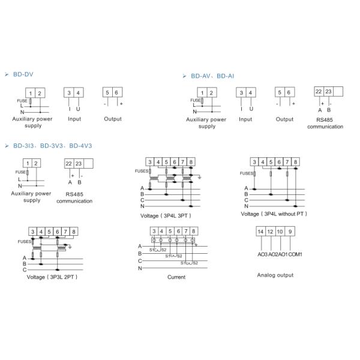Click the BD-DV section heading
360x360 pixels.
click(23, 74)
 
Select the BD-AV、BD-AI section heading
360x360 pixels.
click(212, 76)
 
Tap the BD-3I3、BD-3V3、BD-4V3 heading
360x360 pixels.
click(53, 146)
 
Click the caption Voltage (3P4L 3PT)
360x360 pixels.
click(166, 216)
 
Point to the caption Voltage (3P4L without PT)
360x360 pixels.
click(274, 214)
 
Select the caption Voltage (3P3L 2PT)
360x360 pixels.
click(52, 277)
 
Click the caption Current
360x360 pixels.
click(176, 277)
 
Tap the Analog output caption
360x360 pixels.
click(275, 275)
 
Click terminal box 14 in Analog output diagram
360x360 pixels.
click(261, 232)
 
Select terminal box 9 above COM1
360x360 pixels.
click(290, 232)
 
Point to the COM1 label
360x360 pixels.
click(295, 254)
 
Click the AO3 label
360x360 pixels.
click(263, 254)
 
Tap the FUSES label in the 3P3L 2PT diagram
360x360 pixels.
click(25, 242)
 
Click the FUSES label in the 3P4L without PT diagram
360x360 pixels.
click(247, 173)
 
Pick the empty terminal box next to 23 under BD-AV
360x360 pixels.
click(338, 91)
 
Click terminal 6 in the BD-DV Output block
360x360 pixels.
click(117, 92)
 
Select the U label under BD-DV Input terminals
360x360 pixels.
click(78, 109)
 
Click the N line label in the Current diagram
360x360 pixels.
click(140, 268)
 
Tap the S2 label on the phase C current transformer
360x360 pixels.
click(196, 263)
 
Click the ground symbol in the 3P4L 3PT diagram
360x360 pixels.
click(200, 177)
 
